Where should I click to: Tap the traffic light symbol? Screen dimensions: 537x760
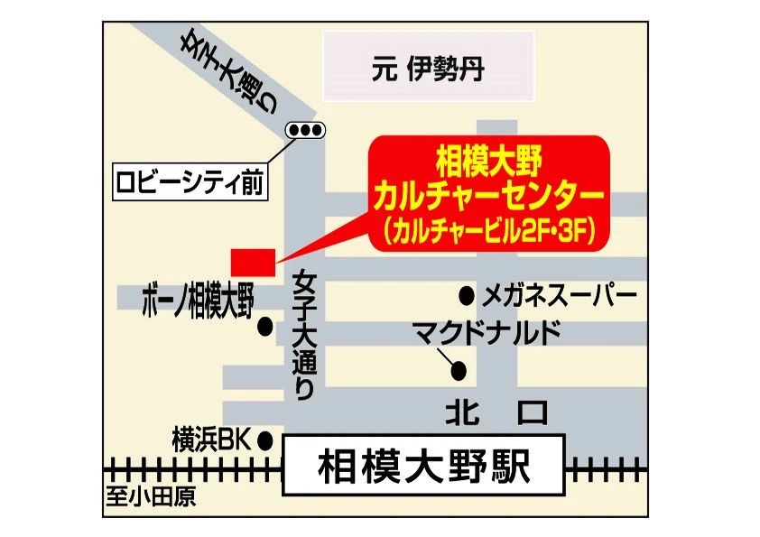305,131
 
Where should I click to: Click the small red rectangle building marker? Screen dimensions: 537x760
251,260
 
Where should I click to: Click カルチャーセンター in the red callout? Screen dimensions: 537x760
488,196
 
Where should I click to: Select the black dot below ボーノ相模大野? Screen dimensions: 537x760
265,328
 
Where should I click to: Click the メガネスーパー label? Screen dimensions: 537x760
560,294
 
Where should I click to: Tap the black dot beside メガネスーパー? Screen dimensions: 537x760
467,294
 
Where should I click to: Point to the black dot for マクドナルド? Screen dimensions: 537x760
459,369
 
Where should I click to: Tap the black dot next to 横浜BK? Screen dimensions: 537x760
265,440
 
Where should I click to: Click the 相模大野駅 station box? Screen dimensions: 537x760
423,467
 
